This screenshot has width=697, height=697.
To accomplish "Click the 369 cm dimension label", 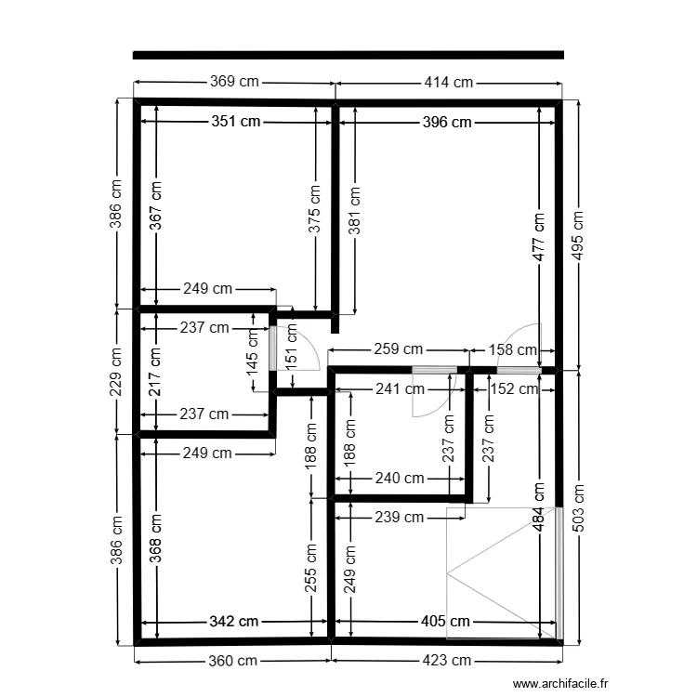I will coord(234,82).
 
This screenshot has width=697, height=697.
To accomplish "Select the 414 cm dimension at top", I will coord(449,82).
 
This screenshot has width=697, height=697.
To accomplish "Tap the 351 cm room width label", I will coord(236,121).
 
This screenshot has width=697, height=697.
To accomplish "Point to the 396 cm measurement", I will coord(446,122).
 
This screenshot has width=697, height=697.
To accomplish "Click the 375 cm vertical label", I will coord(316,208).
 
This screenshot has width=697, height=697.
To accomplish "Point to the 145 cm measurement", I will coord(253,354).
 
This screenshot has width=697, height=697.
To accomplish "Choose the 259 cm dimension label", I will coord(398,350).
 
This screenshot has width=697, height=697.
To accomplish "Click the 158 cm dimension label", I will coord(514,350).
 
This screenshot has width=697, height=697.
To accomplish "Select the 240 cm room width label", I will coord(400,479).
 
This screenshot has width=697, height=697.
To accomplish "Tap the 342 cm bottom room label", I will coord(234,621).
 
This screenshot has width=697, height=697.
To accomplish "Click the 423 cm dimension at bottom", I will coord(448,661).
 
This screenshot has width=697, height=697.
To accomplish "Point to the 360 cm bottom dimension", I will coord(233,661).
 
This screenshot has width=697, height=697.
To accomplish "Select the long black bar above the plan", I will coord(348,55).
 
